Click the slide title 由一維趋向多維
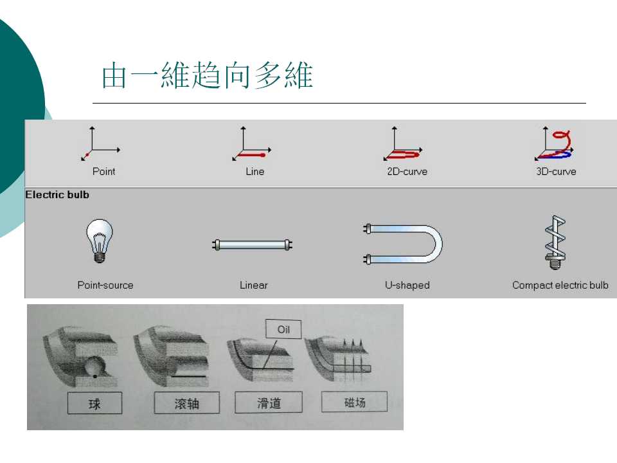207,76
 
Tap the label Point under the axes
103,172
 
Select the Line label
255,172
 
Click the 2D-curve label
407,172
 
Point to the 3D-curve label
556,172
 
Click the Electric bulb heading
57,194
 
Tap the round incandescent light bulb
99,240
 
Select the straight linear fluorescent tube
253,244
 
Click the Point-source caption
105,285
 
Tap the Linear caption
254,285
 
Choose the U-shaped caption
407,285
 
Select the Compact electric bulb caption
560,285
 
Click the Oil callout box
284,330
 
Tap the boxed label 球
94,404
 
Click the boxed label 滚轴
186,404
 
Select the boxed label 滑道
269,403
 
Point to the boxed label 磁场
354,402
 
